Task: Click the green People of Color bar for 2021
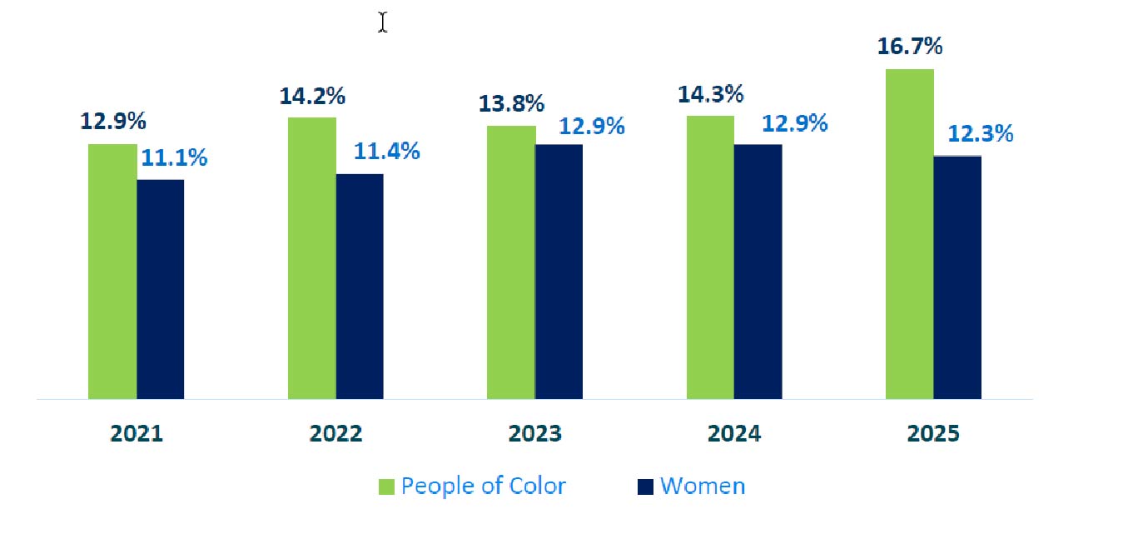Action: [x=112, y=272]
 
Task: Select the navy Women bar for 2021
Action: [x=160, y=289]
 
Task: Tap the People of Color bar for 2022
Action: [x=312, y=258]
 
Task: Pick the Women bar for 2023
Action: [x=559, y=272]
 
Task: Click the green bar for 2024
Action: [x=710, y=257]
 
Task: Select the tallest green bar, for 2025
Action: [x=909, y=234]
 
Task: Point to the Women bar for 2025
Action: [x=957, y=277]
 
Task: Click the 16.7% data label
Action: [x=910, y=47]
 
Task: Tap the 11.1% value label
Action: [x=173, y=157]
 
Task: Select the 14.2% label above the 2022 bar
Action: [x=312, y=96]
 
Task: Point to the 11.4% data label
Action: [x=386, y=152]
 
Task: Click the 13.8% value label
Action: [x=511, y=104]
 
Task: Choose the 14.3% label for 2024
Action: [x=710, y=94]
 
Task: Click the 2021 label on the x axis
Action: [x=137, y=434]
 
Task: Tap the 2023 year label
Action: [x=534, y=434]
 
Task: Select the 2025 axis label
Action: [x=933, y=434]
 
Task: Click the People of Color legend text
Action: [x=483, y=486]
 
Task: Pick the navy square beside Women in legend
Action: [x=645, y=487]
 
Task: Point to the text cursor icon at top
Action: [x=382, y=22]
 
